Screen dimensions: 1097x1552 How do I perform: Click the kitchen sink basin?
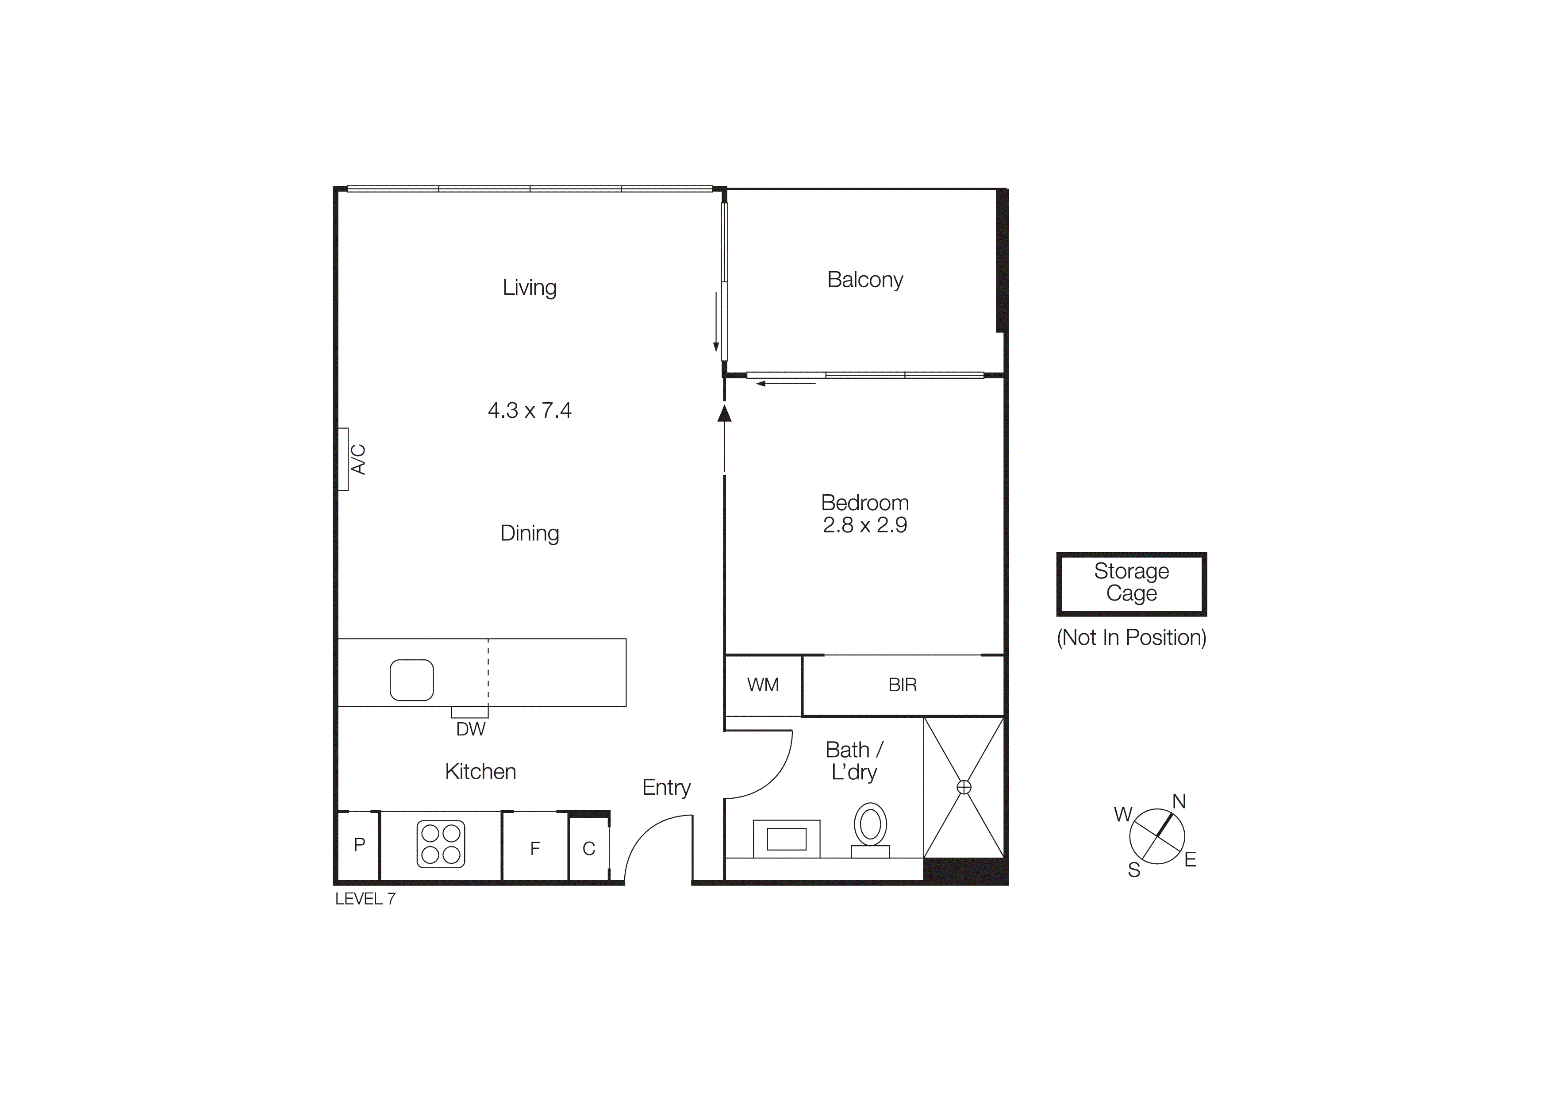pyautogui.click(x=411, y=680)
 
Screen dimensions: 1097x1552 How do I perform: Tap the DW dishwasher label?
pyautogui.click(x=470, y=729)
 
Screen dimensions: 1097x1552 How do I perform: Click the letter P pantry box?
pyautogui.click(x=360, y=844)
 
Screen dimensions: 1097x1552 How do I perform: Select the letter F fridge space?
pyautogui.click(x=535, y=848)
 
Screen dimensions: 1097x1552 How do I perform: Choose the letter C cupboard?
pyautogui.click(x=589, y=849)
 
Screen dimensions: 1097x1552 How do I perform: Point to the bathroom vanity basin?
pyautogui.click(x=786, y=839)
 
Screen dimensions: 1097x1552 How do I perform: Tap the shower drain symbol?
pyautogui.click(x=964, y=787)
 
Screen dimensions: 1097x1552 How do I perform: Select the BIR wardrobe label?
pyautogui.click(x=903, y=685)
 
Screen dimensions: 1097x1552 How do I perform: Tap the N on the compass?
pyautogui.click(x=1179, y=802)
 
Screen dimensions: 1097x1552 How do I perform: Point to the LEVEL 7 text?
pyautogui.click(x=365, y=899)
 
